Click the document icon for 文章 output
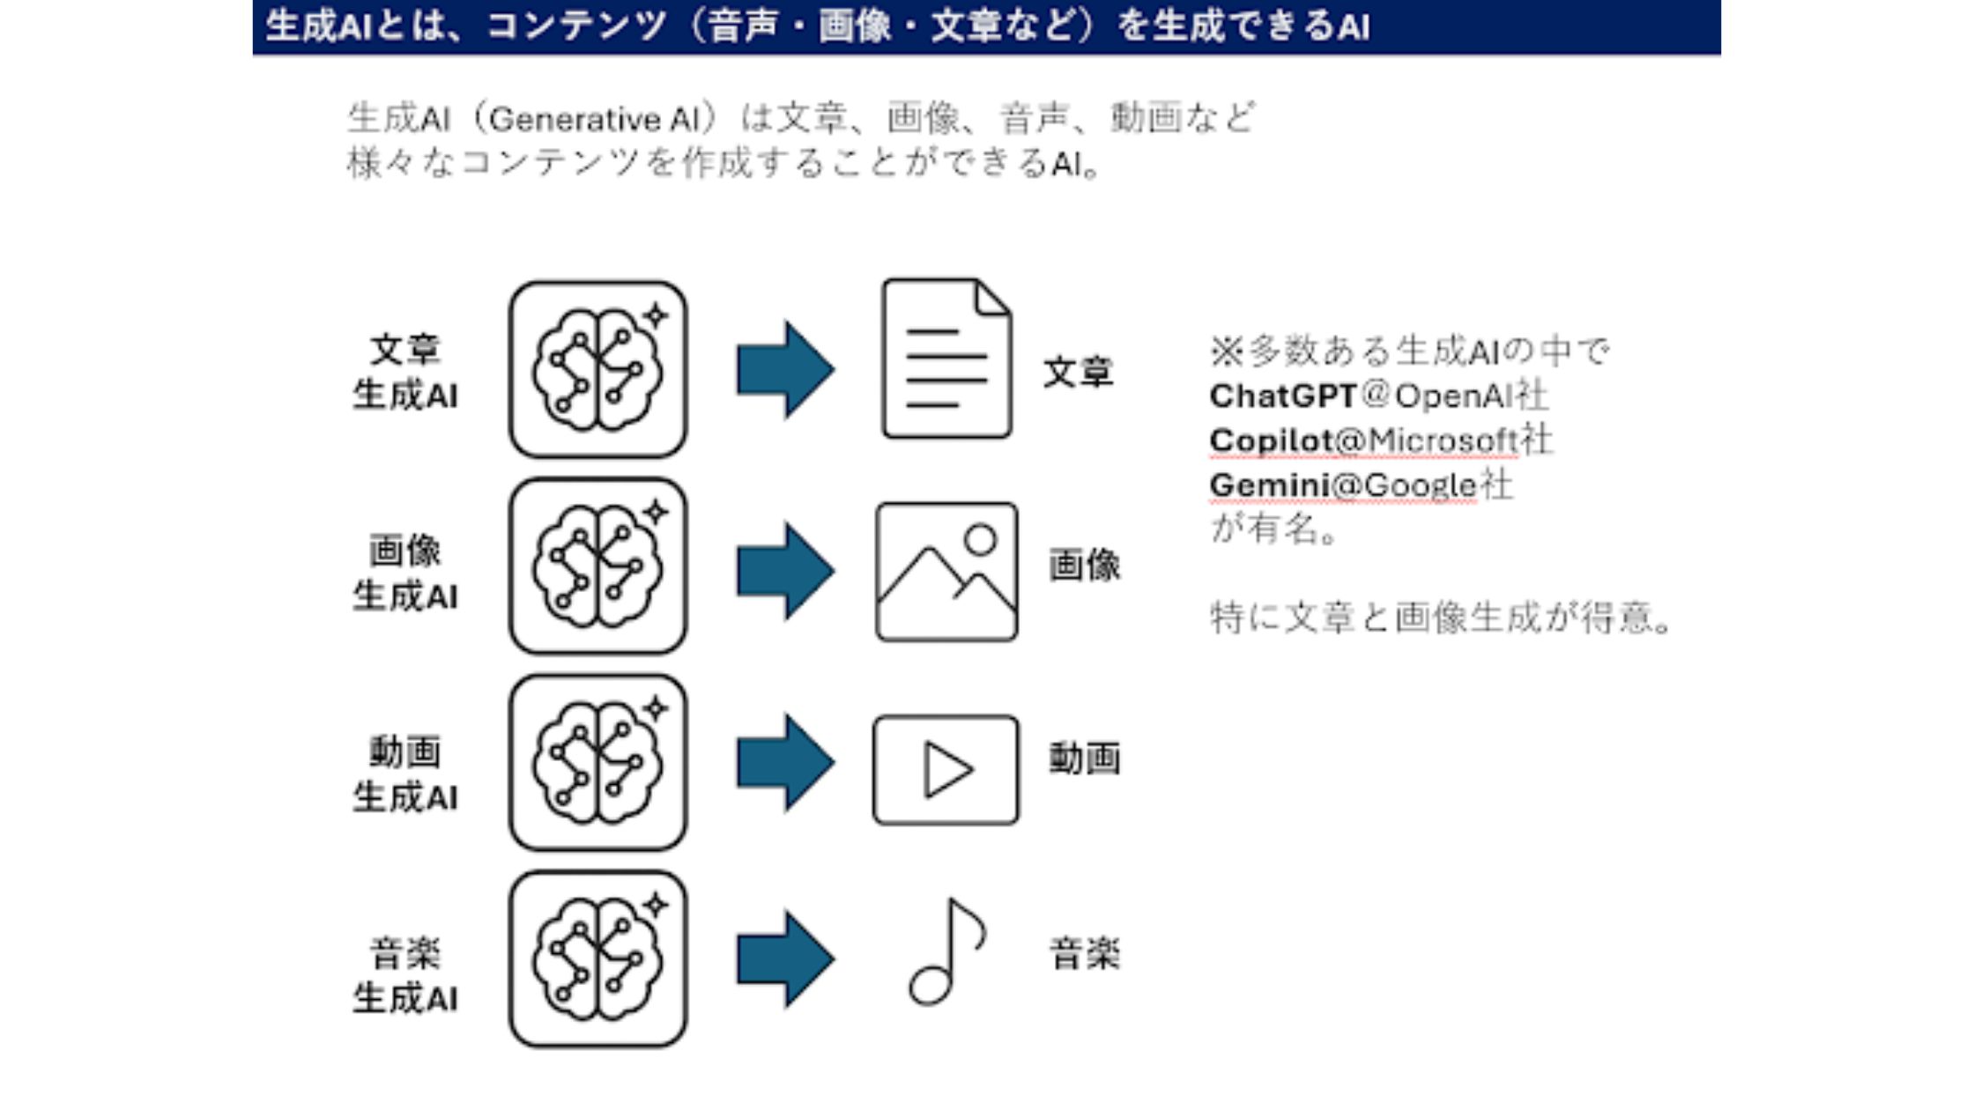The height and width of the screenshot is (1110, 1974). (x=946, y=359)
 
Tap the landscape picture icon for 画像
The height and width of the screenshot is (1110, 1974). (x=946, y=572)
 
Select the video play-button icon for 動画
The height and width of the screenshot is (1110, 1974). (x=946, y=770)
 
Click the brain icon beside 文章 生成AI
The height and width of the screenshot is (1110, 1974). (x=598, y=369)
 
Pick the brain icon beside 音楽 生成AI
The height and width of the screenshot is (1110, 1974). (x=598, y=959)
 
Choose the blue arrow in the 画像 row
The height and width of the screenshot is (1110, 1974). (x=786, y=571)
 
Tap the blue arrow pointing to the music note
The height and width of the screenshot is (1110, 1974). (x=786, y=959)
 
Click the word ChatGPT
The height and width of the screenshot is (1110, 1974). (x=1282, y=396)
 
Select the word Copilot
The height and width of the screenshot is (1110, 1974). (x=1272, y=440)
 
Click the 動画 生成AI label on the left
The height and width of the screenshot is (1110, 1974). (x=405, y=774)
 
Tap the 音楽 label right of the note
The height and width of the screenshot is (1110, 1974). (x=1085, y=954)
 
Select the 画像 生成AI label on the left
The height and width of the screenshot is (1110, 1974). (x=405, y=573)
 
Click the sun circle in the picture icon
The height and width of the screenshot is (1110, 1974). (x=981, y=539)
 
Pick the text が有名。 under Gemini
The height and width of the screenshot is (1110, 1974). (x=1275, y=529)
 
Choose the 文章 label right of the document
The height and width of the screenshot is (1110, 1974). (x=1079, y=373)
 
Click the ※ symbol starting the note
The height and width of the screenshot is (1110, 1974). (x=1227, y=351)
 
